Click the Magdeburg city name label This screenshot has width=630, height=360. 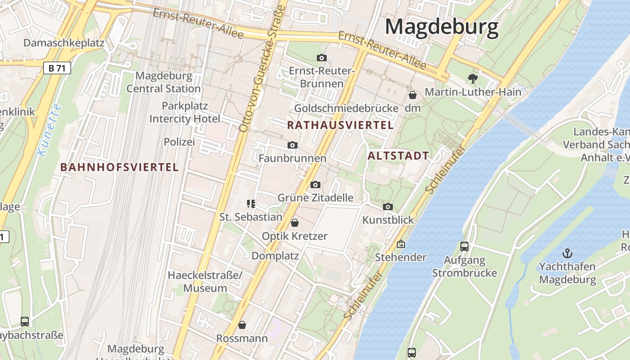click(441, 27)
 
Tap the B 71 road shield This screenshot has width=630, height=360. click(57, 68)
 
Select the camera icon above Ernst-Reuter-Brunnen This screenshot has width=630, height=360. click(321, 58)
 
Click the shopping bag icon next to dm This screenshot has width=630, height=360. click(412, 95)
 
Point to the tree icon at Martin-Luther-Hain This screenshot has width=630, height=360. click(472, 79)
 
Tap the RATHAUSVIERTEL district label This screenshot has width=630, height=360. click(341, 125)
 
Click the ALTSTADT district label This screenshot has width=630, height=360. click(398, 156)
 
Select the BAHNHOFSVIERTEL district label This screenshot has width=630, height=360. click(120, 167)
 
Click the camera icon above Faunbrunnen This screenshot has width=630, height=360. click(292, 145)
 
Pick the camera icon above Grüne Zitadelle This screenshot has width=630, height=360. click(315, 184)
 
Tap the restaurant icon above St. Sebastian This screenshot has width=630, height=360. click(251, 204)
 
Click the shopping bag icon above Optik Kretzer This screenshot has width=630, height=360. click(295, 223)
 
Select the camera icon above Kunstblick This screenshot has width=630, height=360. click(388, 207)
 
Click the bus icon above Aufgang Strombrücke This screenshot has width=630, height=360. click(464, 247)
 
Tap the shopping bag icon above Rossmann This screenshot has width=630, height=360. click(242, 325)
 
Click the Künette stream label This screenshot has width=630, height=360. click(49, 130)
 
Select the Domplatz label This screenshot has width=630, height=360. click(275, 256)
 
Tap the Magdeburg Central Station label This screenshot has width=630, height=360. click(163, 82)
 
